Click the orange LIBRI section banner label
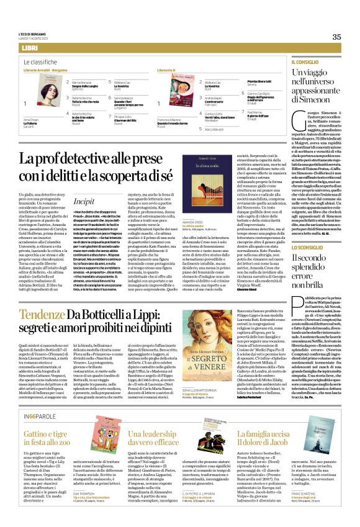[x=29, y=48]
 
